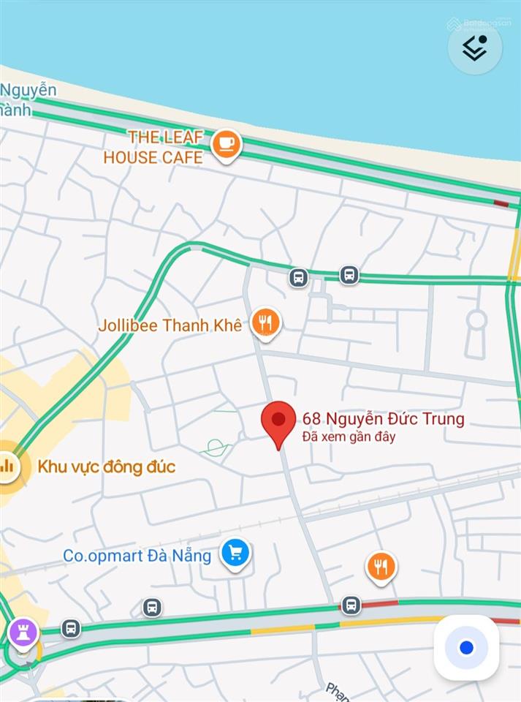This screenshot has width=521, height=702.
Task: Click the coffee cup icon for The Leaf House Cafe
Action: pyautogui.click(x=227, y=144)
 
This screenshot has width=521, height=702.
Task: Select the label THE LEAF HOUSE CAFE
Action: pyautogui.click(x=153, y=146)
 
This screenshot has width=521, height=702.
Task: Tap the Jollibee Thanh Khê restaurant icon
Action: pyautogui.click(x=265, y=322)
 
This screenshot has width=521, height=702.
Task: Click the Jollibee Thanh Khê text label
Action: pyautogui.click(x=170, y=325)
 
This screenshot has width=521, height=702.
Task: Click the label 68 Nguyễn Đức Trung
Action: pyautogui.click(x=383, y=419)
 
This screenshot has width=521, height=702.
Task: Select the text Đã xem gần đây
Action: pyautogui.click(x=349, y=437)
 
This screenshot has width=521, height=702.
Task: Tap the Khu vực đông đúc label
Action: pyautogui.click(x=107, y=467)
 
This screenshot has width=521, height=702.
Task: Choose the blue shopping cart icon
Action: pyautogui.click(x=235, y=554)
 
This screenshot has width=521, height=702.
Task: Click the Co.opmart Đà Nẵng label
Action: pyautogui.click(x=137, y=556)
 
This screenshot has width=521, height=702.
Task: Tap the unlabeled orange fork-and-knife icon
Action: pyautogui.click(x=381, y=567)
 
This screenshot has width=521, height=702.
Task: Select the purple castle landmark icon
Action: pyautogui.click(x=23, y=633)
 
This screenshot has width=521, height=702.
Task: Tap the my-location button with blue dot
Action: pyautogui.click(x=466, y=648)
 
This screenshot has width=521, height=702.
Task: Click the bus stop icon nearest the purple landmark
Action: pyautogui.click(x=71, y=628)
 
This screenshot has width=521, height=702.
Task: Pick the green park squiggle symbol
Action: pyautogui.click(x=216, y=448)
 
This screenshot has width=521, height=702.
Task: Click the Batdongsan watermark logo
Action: pyautogui.click(x=479, y=23)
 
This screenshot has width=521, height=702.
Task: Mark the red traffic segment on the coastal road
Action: pyautogui.click(x=501, y=203)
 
